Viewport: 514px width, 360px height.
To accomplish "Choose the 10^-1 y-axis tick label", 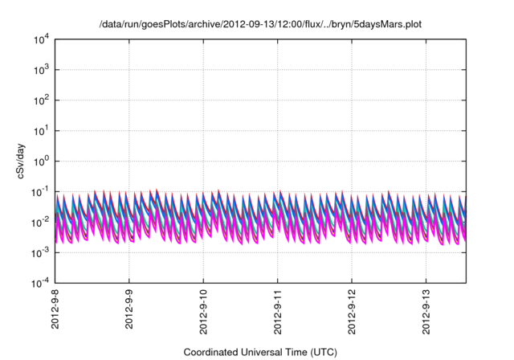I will [39, 191].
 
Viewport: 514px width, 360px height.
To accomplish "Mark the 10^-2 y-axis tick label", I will [39, 222].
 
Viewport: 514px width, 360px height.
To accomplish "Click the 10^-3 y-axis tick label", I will [39, 252].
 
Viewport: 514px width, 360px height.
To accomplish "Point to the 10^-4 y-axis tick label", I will [39, 283].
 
